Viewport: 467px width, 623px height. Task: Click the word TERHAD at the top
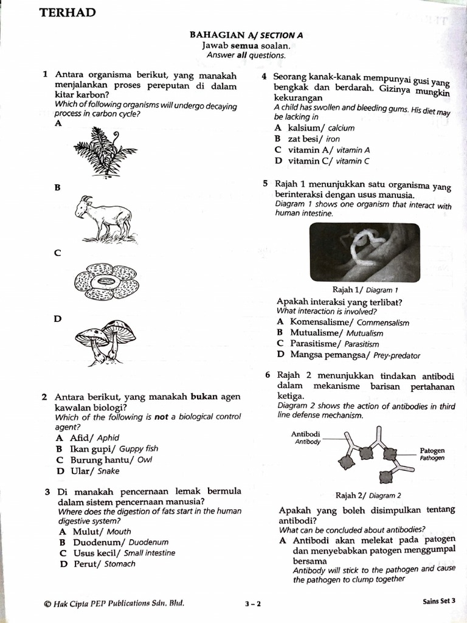click(x=67, y=13)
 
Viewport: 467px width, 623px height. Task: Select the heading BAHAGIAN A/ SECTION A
click(x=246, y=35)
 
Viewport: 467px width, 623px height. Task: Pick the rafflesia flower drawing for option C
click(x=106, y=282)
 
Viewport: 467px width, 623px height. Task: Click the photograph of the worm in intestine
click(x=364, y=251)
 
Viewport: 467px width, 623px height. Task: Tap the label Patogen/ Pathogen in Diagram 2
click(x=432, y=454)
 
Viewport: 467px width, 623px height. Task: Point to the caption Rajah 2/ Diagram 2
click(x=368, y=495)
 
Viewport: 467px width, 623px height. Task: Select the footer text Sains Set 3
click(x=439, y=601)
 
